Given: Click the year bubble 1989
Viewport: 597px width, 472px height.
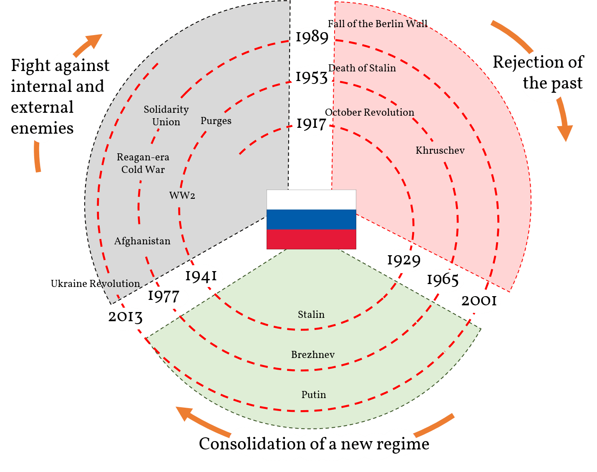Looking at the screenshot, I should [312, 38].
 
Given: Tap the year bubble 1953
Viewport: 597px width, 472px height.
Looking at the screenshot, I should [312, 77].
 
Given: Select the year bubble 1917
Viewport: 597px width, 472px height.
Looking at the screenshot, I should [311, 124].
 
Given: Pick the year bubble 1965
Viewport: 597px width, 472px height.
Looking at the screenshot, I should [443, 280].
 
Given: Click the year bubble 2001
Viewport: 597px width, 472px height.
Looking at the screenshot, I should [479, 301].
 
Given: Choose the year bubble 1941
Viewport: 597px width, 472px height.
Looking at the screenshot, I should [201, 276].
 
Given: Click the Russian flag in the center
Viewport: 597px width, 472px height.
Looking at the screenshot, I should [311, 219].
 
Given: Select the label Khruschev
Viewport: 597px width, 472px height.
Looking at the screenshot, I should [440, 150].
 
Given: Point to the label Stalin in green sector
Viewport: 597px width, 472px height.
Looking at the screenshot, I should [311, 315].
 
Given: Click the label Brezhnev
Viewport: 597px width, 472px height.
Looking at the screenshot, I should [313, 355].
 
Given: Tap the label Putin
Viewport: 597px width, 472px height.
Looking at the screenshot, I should [314, 395].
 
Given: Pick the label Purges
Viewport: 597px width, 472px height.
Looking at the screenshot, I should [216, 121].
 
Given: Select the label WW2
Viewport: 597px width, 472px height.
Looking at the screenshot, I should [182, 195].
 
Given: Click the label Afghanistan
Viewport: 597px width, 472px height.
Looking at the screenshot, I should [142, 241].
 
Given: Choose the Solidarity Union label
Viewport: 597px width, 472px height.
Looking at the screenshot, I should [166, 116].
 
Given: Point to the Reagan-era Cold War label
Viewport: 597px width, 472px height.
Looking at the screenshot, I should [143, 163].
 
